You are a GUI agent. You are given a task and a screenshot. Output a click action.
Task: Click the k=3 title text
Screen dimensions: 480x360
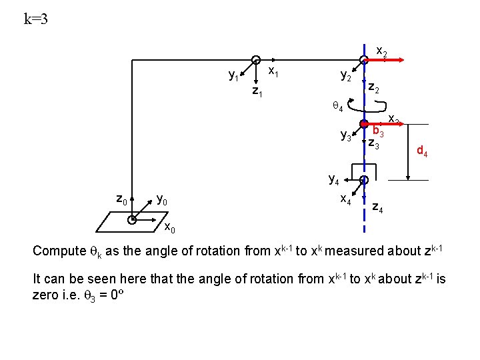click(35, 19)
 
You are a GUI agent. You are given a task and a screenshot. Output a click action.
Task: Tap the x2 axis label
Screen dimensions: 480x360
click(382, 51)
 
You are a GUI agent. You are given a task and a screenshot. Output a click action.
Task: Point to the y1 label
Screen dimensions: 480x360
click(234, 76)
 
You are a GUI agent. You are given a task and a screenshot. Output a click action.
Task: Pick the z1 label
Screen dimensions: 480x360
click(257, 91)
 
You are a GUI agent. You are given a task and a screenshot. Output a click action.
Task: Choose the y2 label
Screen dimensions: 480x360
click(346, 76)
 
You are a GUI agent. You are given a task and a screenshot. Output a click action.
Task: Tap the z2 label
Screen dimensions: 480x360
click(375, 88)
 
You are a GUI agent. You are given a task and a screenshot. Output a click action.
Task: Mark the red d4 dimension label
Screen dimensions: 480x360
click(422, 151)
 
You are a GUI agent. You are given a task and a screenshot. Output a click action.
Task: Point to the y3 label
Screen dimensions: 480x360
click(346, 137)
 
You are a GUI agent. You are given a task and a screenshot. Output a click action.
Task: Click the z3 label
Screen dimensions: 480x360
click(374, 143)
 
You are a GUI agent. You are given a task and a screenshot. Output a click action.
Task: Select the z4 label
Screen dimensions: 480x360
click(377, 209)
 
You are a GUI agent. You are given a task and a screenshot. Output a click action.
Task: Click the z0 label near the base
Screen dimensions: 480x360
click(121, 199)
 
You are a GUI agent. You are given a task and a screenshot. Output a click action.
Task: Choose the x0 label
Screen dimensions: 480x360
click(170, 229)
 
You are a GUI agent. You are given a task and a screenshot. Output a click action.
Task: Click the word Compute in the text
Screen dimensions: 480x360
click(59, 251)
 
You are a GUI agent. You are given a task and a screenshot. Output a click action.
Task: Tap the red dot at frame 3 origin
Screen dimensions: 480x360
click(364, 123)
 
